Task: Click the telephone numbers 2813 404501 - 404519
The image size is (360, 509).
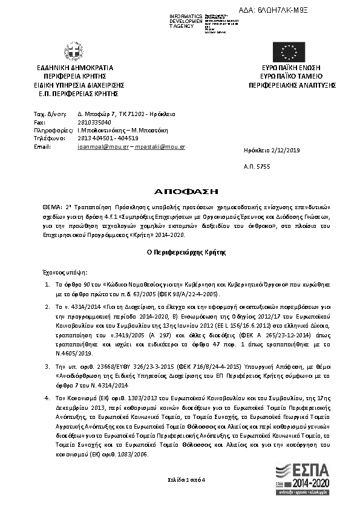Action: [x=112, y=138]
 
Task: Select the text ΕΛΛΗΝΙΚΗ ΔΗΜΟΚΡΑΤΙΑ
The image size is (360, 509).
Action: [x=75, y=68]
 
